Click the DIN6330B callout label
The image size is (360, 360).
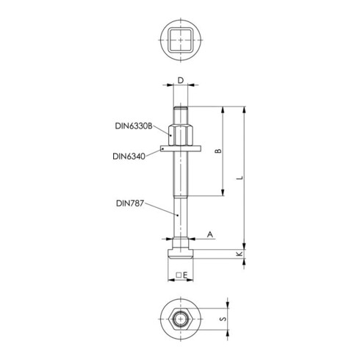[x=134, y=126]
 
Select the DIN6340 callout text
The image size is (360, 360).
[x=129, y=156]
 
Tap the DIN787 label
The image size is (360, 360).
[x=130, y=204]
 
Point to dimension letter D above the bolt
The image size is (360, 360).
[x=181, y=80]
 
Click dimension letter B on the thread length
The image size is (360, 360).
[x=218, y=151]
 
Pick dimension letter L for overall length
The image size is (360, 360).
[x=240, y=177]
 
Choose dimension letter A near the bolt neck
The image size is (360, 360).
[x=210, y=234]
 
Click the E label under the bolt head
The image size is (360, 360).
[x=185, y=276]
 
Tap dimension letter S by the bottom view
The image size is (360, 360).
[x=223, y=319]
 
